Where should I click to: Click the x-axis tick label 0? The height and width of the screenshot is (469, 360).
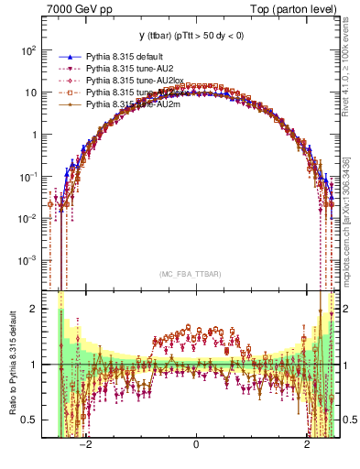coord(196,445)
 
